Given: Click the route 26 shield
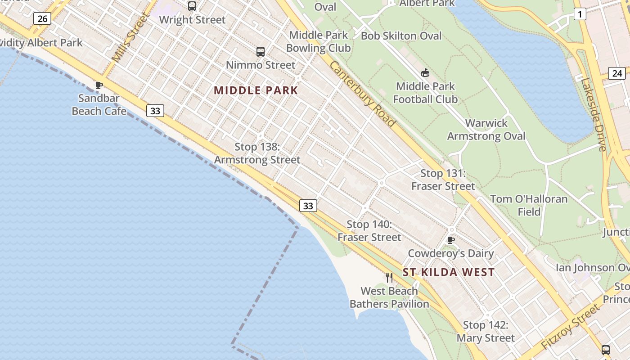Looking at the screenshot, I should click(x=42, y=18).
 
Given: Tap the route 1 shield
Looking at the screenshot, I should click(x=580, y=14).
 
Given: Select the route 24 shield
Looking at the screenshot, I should click(x=616, y=73).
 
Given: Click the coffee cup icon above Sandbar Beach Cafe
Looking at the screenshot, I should click(x=99, y=85).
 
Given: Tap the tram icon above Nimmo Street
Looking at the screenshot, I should click(x=261, y=52).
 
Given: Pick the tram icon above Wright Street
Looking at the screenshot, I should click(x=192, y=6).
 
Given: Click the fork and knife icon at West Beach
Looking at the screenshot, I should click(x=389, y=278).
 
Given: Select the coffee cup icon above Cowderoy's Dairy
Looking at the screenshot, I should click(x=451, y=240).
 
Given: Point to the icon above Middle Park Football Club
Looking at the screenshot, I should click(x=425, y=73).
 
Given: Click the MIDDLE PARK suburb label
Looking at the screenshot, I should click(x=256, y=90).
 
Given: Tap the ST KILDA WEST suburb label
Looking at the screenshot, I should click(x=449, y=272).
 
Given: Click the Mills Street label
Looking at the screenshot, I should click(x=130, y=39).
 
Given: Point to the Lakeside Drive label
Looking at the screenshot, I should click(x=594, y=114).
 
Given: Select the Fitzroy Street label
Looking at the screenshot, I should click(x=571, y=327).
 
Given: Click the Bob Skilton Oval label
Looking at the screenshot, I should click(x=401, y=36).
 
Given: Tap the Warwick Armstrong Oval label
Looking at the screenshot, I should click(x=486, y=130).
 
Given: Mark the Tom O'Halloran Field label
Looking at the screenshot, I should click(x=529, y=205).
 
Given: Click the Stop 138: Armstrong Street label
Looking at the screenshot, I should click(x=257, y=153).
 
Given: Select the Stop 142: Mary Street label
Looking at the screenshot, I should click(x=486, y=332).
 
